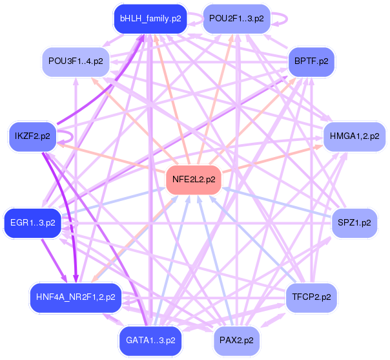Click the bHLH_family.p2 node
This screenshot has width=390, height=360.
(150, 19)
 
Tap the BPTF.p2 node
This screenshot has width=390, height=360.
(311, 61)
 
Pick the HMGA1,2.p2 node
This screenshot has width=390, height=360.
(354, 136)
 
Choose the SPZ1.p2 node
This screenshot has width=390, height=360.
(354, 222)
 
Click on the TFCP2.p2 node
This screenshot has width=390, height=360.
(311, 297)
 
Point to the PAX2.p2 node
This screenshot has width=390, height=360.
(236, 340)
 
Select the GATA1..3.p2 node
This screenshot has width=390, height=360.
(150, 340)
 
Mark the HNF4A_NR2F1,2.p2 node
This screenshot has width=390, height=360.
(75, 297)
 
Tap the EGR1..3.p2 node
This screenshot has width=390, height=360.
(32, 222)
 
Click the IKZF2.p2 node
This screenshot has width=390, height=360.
(32, 136)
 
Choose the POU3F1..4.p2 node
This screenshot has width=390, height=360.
(75, 61)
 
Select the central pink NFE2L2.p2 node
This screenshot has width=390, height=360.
(194, 180)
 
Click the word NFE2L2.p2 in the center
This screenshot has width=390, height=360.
(194, 180)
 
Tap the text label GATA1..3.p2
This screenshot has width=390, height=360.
(150, 340)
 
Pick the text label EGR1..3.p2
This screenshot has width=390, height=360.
(32, 222)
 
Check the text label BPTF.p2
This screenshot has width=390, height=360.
(311, 61)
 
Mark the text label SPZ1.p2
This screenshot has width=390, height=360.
(354, 222)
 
